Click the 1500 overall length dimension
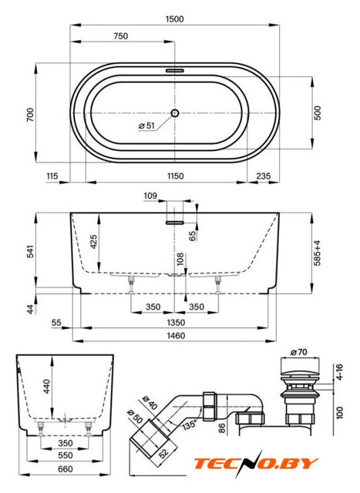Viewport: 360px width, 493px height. (175, 19)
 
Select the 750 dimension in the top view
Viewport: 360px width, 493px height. (121, 36)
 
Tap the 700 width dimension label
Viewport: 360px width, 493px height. (30, 115)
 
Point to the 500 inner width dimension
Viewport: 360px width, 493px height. (318, 113)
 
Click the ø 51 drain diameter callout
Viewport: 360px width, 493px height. (146, 126)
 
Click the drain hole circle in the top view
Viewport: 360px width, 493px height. (175, 113)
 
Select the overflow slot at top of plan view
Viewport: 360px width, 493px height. (175, 70)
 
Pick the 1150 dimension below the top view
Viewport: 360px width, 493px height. (175, 176)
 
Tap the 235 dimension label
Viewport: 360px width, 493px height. (264, 176)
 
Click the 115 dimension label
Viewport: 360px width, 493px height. (52, 176)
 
